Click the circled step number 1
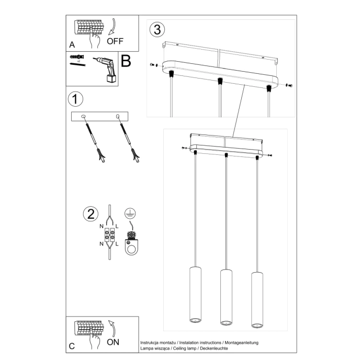point(76,98)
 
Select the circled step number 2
point(91,213)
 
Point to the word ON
point(113,342)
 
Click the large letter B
point(126,62)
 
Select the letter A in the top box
point(72,44)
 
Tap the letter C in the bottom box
point(72,346)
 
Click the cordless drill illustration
point(106,69)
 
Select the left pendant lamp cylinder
point(194,295)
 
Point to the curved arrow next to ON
point(111,328)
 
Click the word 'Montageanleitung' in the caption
point(243,342)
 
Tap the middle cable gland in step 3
point(220,81)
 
